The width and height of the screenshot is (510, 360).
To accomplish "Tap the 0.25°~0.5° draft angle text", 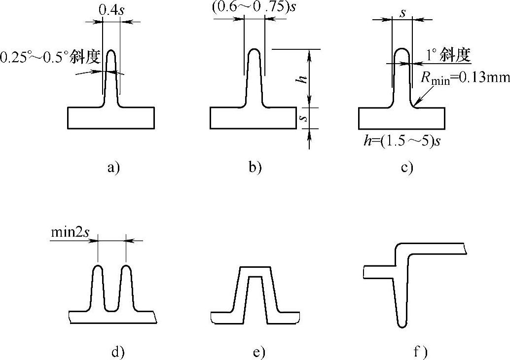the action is coord(50,58).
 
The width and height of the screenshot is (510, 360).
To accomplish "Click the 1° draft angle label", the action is coord(447,55).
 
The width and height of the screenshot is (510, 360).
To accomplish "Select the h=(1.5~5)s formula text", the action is coord(401,141).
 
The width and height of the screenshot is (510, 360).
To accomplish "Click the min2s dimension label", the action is coord(69,231).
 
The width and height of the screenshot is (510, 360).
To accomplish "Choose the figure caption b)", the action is coord(255,168).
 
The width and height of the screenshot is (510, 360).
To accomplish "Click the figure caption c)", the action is coord(406,168).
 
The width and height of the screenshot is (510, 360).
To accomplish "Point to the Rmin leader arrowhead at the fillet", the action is coord(415,105).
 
